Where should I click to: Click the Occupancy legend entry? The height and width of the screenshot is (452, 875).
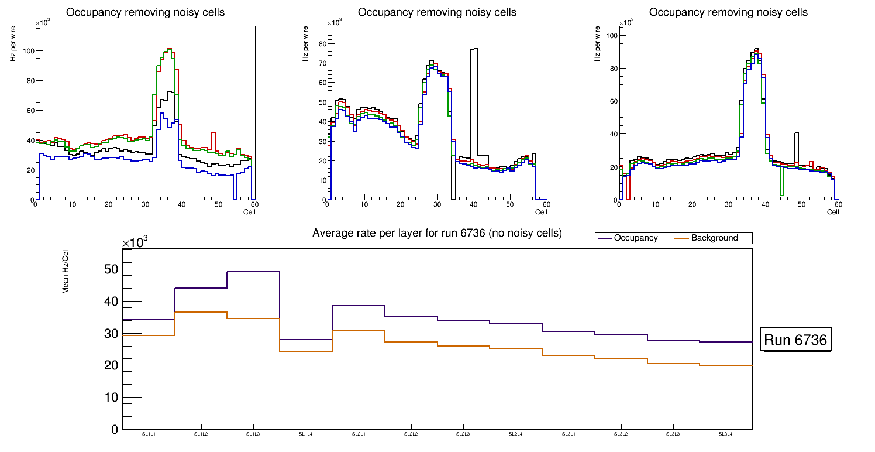pyautogui.click(x=636, y=238)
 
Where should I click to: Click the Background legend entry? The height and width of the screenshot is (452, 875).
pyautogui.click(x=714, y=238)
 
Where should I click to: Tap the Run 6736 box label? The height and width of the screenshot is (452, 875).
pyautogui.click(x=797, y=340)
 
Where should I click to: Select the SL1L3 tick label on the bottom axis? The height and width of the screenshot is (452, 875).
pyautogui.click(x=253, y=434)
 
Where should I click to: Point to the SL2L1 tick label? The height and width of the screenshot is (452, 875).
pyautogui.click(x=359, y=434)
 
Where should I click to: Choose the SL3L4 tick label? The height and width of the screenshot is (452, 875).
pyautogui.click(x=726, y=434)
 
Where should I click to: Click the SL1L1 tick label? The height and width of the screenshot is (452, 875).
pyautogui.click(x=149, y=434)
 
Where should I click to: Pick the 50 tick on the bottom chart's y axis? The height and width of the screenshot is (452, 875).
pyautogui.click(x=111, y=269)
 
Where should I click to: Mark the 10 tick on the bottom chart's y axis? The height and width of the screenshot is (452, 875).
pyautogui.click(x=111, y=398)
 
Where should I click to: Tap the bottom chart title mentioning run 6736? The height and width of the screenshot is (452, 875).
pyautogui.click(x=437, y=233)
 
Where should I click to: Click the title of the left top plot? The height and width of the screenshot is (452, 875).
pyautogui.click(x=145, y=12)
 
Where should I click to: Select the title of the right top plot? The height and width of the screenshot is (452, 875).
pyautogui.click(x=728, y=12)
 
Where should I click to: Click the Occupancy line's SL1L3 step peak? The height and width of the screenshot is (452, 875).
pyautogui.click(x=253, y=272)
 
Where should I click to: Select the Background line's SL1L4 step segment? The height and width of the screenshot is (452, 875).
pyautogui.click(x=306, y=351)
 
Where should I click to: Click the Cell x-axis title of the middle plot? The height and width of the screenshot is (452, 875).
pyautogui.click(x=541, y=212)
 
